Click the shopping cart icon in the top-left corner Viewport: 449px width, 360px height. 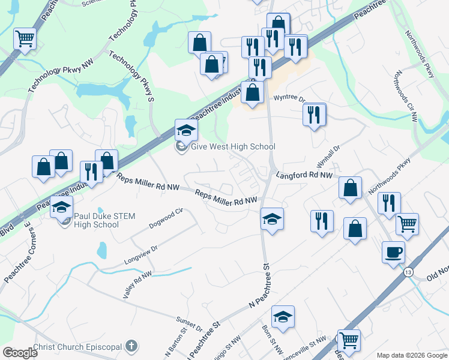coord(25,39)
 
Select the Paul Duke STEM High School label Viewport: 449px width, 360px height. coord(97,220)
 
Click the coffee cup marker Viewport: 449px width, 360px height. coord(393,251)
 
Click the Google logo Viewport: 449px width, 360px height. coord(20,353)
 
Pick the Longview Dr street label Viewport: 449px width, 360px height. coord(140,256)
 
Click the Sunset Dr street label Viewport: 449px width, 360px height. coord(189,324)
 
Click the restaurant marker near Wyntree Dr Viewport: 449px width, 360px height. coord(315,114)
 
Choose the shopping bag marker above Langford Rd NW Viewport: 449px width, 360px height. coord(350,187)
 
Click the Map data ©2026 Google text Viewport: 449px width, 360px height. coord(411,355)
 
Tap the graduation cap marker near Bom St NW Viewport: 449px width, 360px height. coord(283,317)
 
